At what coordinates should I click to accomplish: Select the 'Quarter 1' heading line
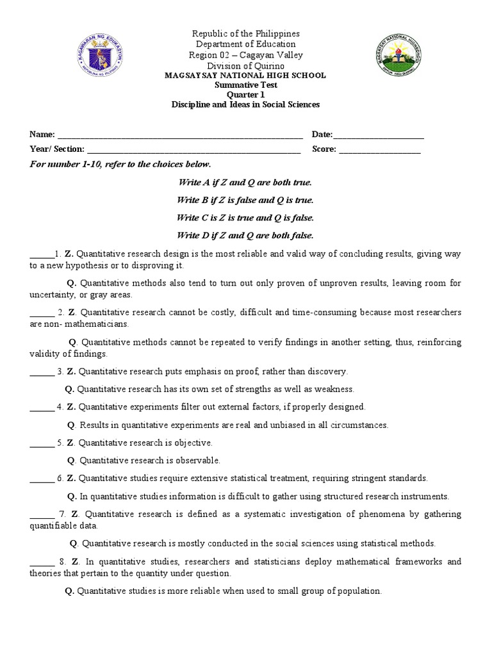245,94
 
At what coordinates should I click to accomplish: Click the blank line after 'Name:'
180,135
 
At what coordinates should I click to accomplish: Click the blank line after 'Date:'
378,135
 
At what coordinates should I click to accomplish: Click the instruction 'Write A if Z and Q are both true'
245,183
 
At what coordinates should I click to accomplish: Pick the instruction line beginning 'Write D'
245,234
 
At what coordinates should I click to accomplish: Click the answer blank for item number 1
39,254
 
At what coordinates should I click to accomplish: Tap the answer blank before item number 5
42,443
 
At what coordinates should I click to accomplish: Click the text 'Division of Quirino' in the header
245,65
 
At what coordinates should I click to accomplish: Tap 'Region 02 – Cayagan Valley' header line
245,54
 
